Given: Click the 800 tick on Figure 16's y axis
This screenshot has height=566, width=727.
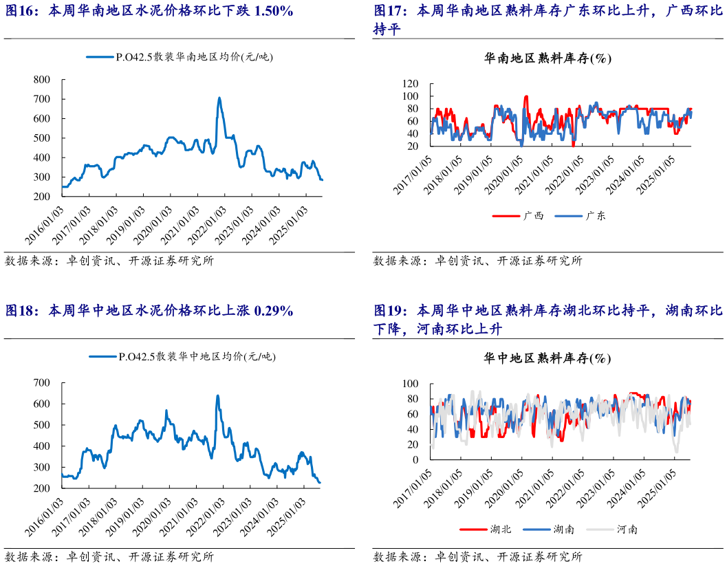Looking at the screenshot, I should point(41,80).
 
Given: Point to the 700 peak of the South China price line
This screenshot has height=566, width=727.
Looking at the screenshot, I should point(219,98).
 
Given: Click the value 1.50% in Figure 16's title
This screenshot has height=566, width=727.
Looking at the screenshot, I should point(274,11).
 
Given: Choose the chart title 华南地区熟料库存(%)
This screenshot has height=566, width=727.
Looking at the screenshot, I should point(547,58).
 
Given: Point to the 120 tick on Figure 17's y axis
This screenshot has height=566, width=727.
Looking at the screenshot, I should point(411,84).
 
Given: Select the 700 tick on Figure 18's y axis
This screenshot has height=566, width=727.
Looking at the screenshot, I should point(41,382).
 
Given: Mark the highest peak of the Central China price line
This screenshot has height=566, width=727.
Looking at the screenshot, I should point(217,396).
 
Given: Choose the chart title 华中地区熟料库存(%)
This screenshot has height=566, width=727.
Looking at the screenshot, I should point(547,358).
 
